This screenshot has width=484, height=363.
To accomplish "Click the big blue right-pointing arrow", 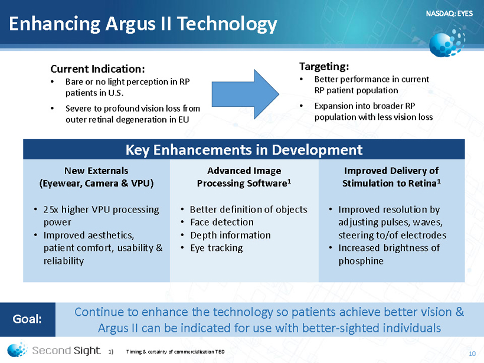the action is tap(246, 94).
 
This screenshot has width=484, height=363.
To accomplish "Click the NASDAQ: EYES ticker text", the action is tap(449, 14).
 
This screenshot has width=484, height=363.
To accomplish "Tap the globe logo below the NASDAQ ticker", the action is tap(447, 42).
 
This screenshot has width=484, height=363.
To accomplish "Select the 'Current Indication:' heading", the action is tap(97, 69).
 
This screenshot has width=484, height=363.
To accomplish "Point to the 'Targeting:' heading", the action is tap(324, 66).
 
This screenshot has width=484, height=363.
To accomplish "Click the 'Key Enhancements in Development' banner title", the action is tap(244, 150).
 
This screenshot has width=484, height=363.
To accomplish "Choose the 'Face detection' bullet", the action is tap(222, 223).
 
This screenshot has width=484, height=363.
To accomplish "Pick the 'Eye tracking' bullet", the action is tap(217, 248).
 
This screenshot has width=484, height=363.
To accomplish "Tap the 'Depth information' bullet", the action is tap(230, 235).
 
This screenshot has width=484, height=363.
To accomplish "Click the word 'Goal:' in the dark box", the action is tap(27, 319).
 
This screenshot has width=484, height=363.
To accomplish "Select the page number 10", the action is tap(472, 354).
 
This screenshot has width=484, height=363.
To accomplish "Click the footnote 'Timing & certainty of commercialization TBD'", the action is tap(175, 352).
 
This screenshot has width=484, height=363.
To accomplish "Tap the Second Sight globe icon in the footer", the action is tap(17, 350).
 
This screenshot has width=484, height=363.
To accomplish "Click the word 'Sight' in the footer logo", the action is tap(87, 351).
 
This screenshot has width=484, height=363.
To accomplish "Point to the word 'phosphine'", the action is tap(361, 261).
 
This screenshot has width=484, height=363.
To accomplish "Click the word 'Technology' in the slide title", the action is tap(227, 24).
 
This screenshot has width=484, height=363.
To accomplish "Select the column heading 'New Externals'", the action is tap(96, 171).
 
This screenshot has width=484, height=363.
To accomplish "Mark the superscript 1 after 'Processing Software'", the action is tap(289, 181).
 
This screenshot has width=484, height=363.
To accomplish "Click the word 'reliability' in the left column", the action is tap(64, 261).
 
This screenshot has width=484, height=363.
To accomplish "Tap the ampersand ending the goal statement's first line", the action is tap(460, 312).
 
